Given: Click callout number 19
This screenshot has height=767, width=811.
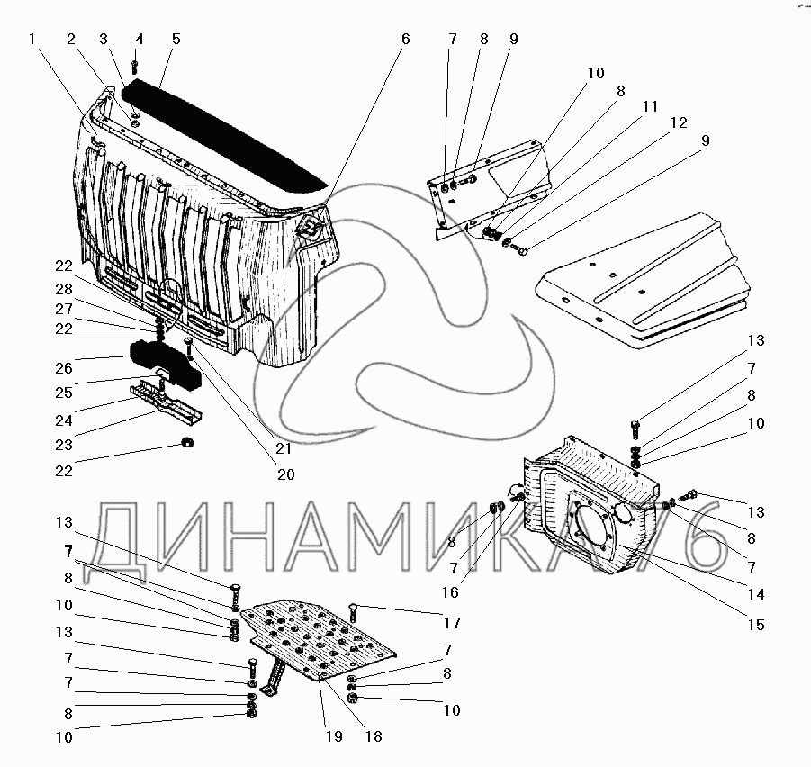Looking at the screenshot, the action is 334,735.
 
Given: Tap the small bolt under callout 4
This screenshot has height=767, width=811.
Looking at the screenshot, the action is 135,66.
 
